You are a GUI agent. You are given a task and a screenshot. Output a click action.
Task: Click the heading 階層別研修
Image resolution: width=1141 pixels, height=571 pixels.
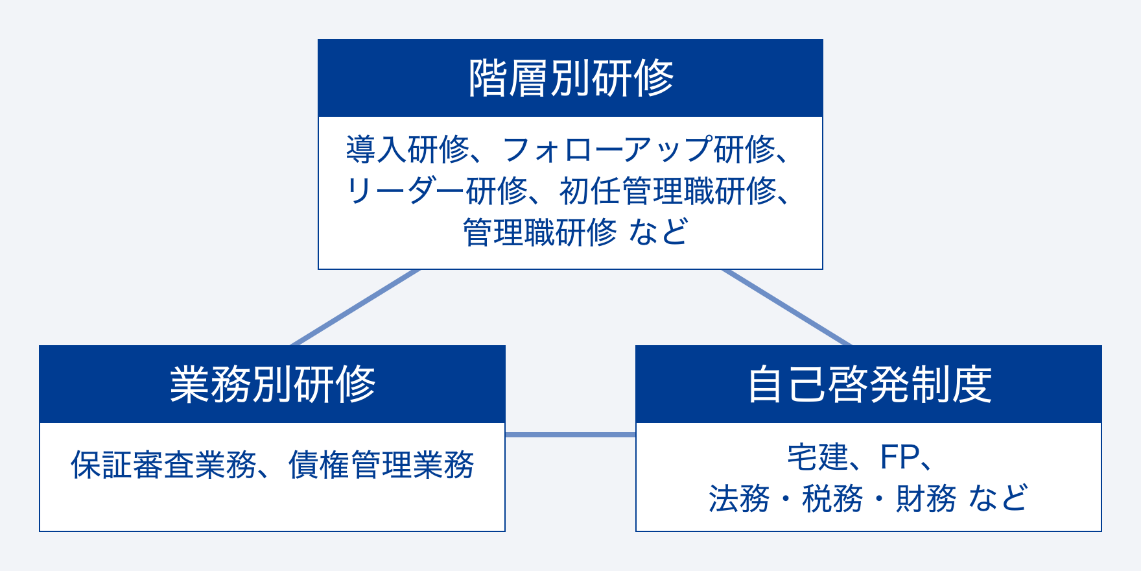tap(570, 79)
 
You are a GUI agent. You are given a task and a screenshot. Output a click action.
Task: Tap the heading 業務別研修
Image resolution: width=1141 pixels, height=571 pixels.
tap(272, 385)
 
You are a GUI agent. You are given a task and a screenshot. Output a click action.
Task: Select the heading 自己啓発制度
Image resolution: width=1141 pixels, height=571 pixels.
tap(869, 385)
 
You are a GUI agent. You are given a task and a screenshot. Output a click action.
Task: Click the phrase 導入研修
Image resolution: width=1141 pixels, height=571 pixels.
tap(407, 150)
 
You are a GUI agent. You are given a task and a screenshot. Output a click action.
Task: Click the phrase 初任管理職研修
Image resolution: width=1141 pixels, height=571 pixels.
tap(668, 191)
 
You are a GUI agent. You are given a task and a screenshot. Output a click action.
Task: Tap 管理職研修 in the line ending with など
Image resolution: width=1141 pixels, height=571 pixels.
tap(539, 233)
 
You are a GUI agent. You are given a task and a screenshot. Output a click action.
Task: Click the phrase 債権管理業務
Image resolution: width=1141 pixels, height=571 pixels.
tap(381, 465)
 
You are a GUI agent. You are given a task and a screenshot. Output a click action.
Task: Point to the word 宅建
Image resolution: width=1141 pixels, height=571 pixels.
tap(818, 457)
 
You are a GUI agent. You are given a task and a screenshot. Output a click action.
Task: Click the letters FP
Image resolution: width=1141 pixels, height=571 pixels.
tap(899, 457)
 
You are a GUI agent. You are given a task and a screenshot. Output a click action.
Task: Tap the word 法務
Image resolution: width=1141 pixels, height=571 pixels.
tap(739, 499)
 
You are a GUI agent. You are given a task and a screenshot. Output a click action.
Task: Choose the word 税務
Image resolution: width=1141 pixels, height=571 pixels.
tap(832, 499)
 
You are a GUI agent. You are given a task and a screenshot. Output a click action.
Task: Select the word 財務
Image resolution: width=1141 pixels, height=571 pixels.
tap(926, 499)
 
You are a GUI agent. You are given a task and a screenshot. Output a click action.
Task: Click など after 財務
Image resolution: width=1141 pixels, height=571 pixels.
tap(998, 499)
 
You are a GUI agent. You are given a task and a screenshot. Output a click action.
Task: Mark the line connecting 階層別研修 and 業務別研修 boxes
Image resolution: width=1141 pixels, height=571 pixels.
tap(355, 308)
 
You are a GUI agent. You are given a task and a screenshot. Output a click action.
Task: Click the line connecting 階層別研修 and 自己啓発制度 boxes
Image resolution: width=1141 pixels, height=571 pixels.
tap(787, 308)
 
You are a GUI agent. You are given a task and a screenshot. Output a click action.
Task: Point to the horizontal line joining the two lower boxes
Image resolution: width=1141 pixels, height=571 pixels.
tap(570, 435)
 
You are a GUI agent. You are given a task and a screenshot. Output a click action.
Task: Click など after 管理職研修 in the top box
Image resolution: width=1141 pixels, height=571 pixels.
tap(658, 233)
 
